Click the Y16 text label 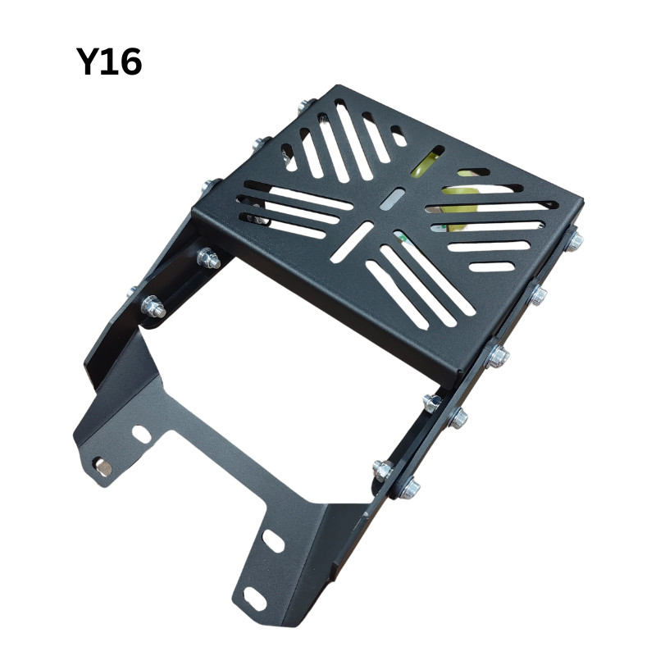point(109,61)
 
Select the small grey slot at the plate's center point(393,199)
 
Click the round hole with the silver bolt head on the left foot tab point(102,467)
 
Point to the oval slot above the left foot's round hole point(141,435)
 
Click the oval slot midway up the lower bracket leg point(273,541)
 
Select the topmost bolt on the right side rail point(575,241)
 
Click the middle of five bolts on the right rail point(497,357)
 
